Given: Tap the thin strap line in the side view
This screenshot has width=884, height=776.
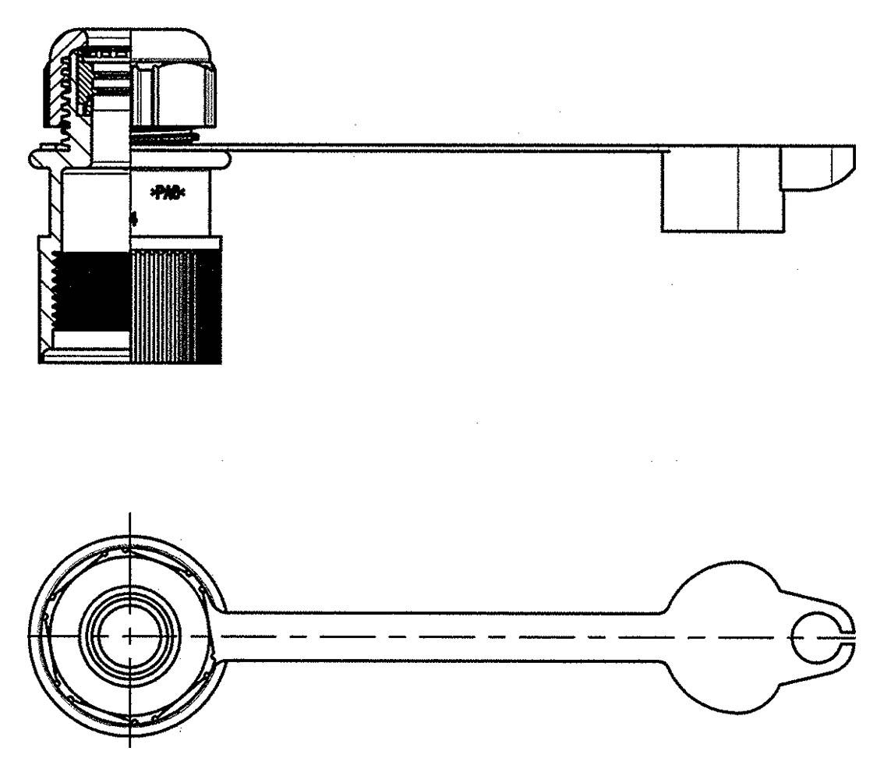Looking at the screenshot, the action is click(x=437, y=145).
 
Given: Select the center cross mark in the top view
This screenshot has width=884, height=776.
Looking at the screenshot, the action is click(x=129, y=636).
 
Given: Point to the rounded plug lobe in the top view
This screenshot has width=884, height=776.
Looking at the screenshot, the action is click(x=717, y=636).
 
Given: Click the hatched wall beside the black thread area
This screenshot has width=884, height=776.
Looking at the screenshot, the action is click(x=45, y=296).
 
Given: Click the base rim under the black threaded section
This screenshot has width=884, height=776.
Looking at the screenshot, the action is click(x=86, y=356).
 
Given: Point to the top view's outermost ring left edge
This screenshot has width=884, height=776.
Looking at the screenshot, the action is click(x=30, y=636).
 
